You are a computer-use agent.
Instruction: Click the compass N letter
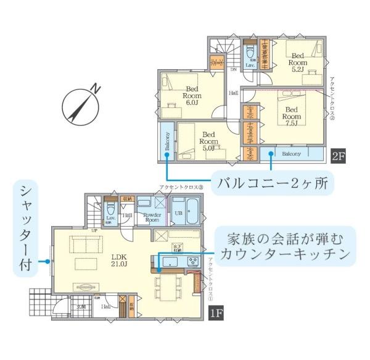pos(96,90)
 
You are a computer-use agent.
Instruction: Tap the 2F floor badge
pos(338,156)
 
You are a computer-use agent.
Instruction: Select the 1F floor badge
pos(215,313)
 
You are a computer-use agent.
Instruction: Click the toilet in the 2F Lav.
pos(251,52)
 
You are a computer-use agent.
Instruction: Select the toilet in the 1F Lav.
pos(110,210)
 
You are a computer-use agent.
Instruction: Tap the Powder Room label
pos(152,217)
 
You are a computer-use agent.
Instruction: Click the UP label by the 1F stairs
pos(95,230)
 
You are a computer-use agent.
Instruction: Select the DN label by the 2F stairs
pos(234,70)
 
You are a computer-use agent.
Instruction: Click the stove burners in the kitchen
pos(192,261)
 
